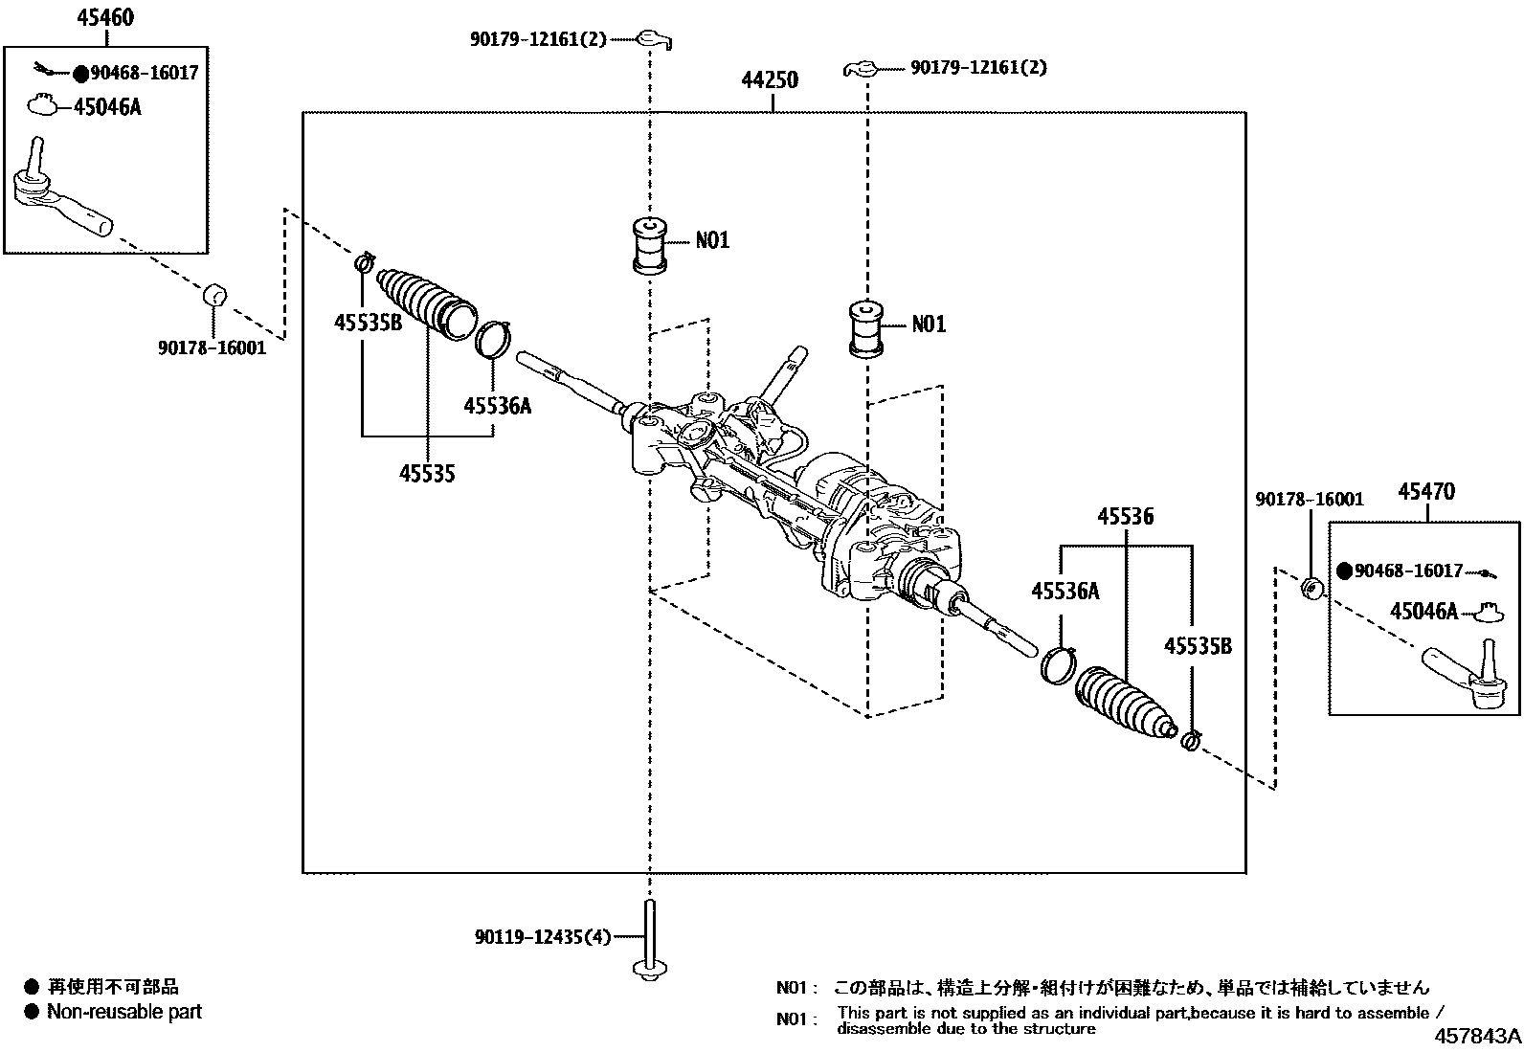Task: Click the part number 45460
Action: [106, 18]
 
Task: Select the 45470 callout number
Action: [1426, 492]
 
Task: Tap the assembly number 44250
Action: [770, 81]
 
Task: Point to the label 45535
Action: [427, 473]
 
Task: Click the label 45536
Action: [1125, 518]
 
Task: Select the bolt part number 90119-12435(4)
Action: [542, 937]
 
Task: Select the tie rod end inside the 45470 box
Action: [1465, 675]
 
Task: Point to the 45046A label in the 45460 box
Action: [107, 106]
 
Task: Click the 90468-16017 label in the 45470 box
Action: [1408, 571]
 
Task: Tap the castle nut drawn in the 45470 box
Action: [1487, 609]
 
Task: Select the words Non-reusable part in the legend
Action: [124, 1012]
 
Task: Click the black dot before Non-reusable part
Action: [32, 1012]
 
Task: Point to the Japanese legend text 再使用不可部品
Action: [113, 987]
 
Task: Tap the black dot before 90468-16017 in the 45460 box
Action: [80, 73]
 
